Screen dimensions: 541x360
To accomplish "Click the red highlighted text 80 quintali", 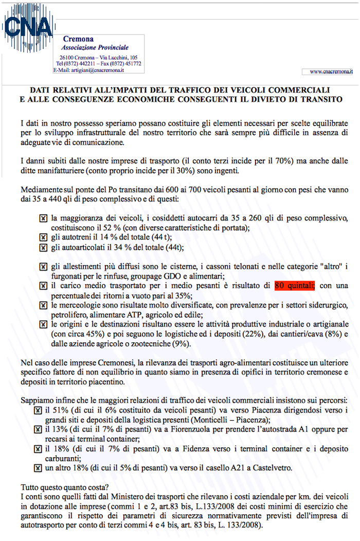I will tap(294, 285).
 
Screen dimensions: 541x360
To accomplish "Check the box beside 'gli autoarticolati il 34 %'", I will tap(43, 247).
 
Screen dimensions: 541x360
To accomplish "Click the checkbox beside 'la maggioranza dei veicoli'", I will tap(43, 217).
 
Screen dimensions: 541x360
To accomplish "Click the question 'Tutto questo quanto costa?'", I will tap(65, 486).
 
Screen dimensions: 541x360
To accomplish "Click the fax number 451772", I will tap(131, 64).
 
